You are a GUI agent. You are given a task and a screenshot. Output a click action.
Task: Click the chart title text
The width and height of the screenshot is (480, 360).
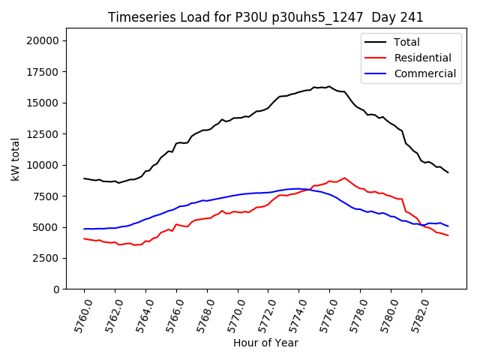[x=265, y=17]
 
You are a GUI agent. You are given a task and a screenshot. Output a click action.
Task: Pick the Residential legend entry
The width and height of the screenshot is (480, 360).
[x=422, y=58]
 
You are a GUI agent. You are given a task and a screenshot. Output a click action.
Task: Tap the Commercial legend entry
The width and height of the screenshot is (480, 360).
[x=424, y=73]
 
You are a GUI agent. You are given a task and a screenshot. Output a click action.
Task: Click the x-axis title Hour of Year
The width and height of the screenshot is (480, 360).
[x=265, y=343]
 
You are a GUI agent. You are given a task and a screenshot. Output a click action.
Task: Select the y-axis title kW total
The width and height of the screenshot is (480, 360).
[x=15, y=163]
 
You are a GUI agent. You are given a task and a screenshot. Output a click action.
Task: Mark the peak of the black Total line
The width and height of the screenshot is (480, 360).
[x=328, y=86]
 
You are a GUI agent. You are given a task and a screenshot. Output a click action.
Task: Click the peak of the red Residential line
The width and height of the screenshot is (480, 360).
[x=344, y=178]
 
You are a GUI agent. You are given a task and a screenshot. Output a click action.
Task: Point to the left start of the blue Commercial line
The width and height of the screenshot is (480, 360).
[x=84, y=229]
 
